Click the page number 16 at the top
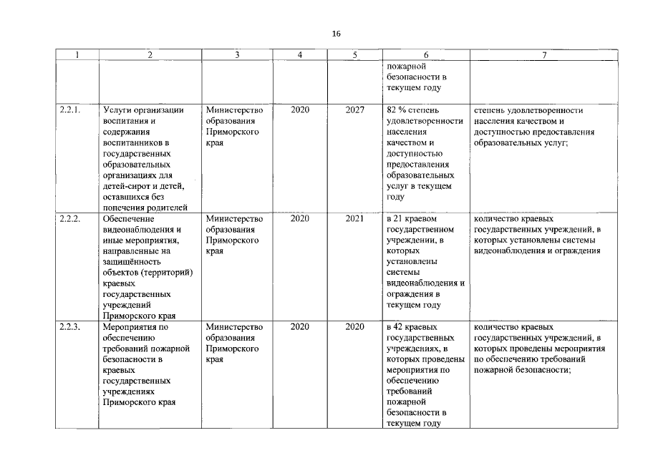pyautogui.click(x=337, y=34)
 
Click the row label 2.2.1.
pyautogui.click(x=71, y=110)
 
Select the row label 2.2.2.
pyautogui.click(x=71, y=218)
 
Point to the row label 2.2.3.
pyautogui.click(x=71, y=326)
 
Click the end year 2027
pyautogui.click(x=354, y=110)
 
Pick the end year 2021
pyautogui.click(x=354, y=218)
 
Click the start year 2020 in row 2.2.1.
pyautogui.click(x=300, y=110)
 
